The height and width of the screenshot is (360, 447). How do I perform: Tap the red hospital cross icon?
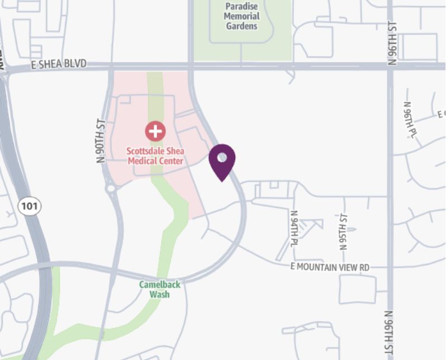pyautogui.click(x=155, y=131)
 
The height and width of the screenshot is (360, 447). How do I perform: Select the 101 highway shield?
pyautogui.click(x=29, y=206)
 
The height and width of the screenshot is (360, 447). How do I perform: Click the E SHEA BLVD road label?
pyautogui.click(x=59, y=64)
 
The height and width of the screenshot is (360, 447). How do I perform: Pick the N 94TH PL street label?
pyautogui.click(x=294, y=229)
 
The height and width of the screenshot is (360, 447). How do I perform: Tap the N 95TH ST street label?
pyautogui.click(x=344, y=231)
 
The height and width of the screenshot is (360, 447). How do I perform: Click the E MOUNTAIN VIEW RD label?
pyautogui.click(x=330, y=267)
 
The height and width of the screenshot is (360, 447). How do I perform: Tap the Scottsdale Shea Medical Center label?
pyautogui.click(x=155, y=156)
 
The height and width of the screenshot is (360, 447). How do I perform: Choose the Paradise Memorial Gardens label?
pyautogui.click(x=241, y=16)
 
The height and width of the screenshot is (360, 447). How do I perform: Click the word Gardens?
pyautogui.click(x=241, y=26)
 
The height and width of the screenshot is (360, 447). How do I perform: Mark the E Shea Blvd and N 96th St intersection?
pyautogui.click(x=390, y=65)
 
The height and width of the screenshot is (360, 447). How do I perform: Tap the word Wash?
pyautogui.click(x=160, y=294)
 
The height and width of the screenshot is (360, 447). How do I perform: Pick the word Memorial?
pyautogui.click(x=241, y=16)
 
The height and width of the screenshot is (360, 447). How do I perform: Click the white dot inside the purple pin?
pyautogui.click(x=222, y=158)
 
